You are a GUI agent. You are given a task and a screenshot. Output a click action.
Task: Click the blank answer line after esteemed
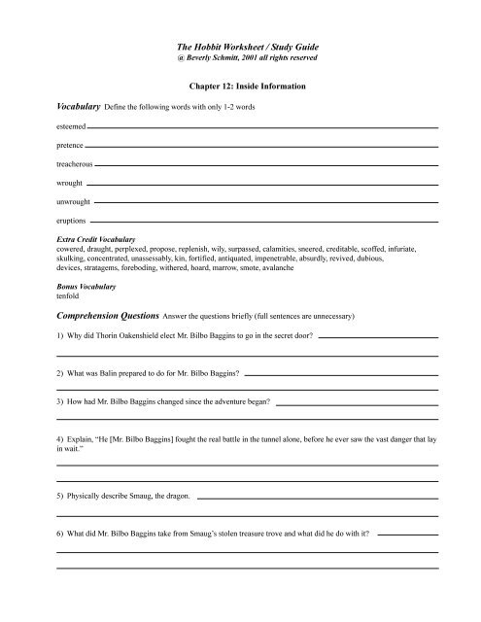click(x=262, y=127)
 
